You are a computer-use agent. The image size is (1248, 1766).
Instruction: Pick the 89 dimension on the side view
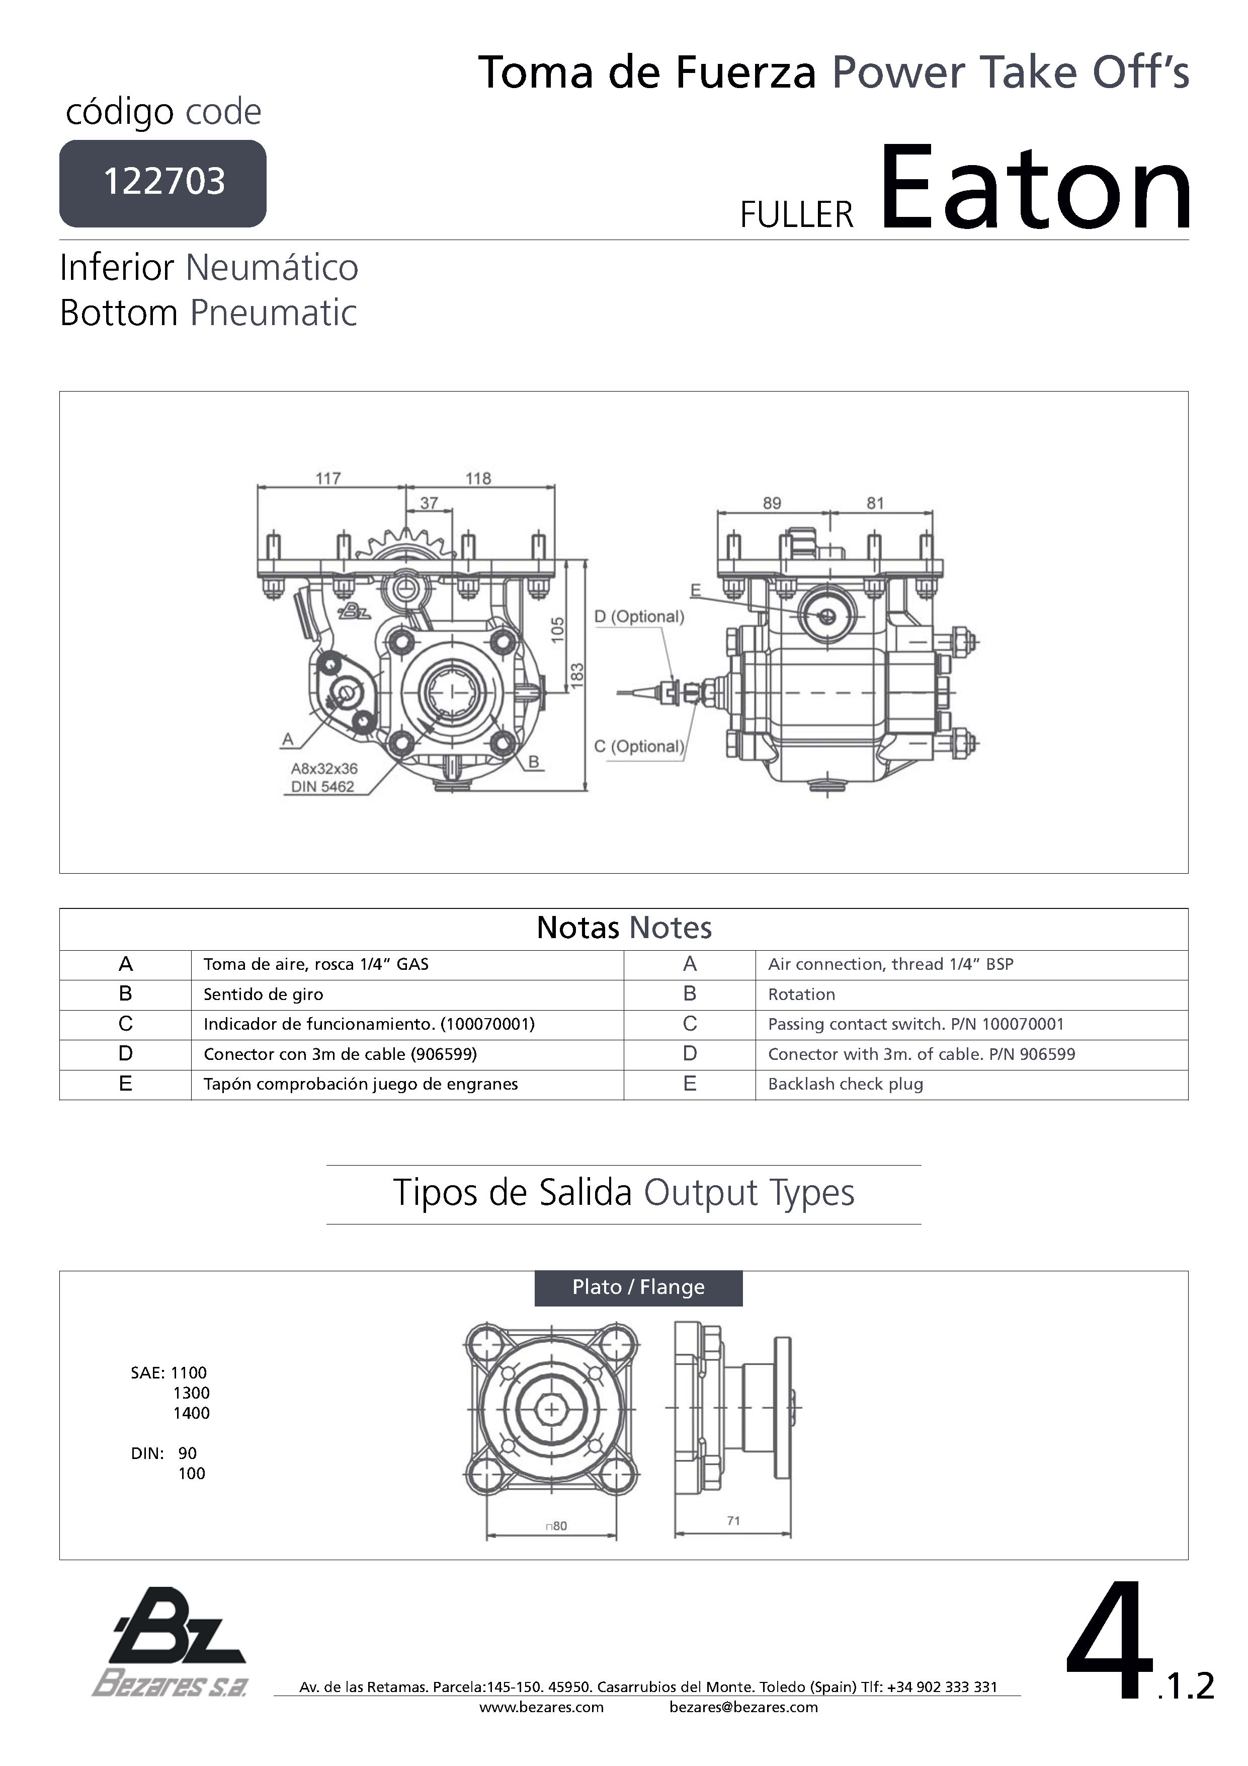pyautogui.click(x=772, y=503)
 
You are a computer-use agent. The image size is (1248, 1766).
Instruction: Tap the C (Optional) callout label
pyautogui.click(x=639, y=746)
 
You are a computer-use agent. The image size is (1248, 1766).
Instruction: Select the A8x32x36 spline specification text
pyautogui.click(x=324, y=769)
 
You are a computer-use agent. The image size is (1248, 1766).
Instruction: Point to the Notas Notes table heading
pyautogui.click(x=624, y=929)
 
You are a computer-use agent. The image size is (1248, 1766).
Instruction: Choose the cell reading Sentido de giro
pyautogui.click(x=263, y=994)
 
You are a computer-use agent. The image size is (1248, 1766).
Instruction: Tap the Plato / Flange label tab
pyautogui.click(x=638, y=1287)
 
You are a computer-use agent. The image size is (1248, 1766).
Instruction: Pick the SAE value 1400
pyautogui.click(x=192, y=1413)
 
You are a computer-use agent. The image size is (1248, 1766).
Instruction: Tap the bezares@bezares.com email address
pyautogui.click(x=743, y=1708)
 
